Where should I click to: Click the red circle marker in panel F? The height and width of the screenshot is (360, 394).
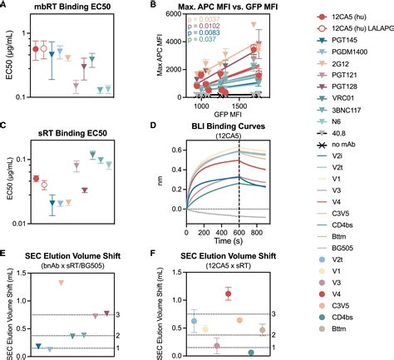coord(229,293)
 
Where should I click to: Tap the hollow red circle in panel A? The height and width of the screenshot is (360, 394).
coord(45,49)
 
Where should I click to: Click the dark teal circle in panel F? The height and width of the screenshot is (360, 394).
coord(251,353)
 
